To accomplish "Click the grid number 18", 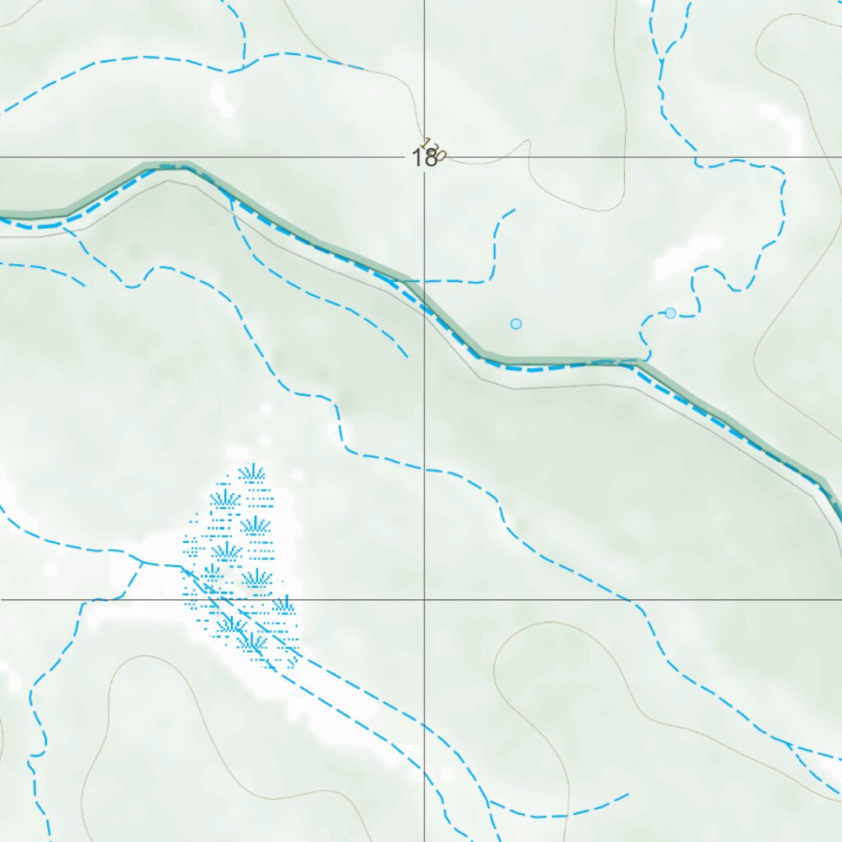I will (424, 158).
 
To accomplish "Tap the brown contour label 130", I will (433, 149).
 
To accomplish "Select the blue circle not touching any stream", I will (516, 324).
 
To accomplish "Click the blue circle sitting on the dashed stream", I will (670, 313).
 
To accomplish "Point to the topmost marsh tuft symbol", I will (252, 473).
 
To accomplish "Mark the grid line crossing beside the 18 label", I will (424, 156).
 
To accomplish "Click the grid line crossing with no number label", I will (424, 599).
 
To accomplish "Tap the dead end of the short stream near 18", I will (515, 210).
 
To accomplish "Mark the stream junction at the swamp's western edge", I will (141, 562).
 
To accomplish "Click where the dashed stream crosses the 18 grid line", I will (697, 157).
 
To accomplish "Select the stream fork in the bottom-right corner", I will (791, 747).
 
